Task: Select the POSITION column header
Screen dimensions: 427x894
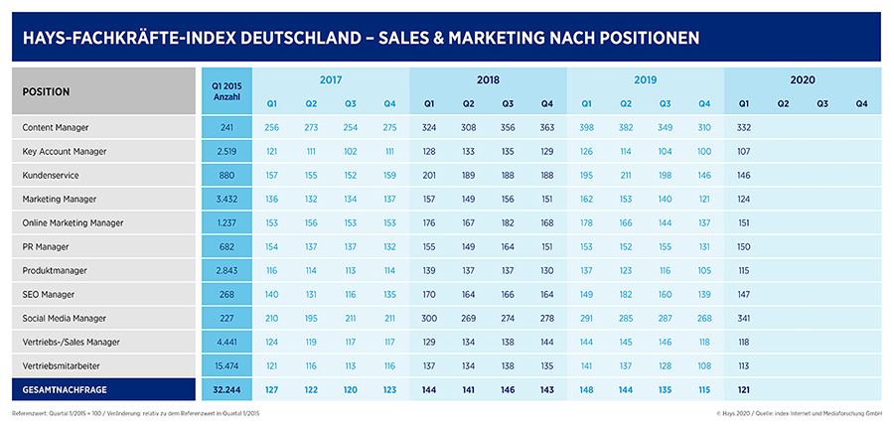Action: [47, 91]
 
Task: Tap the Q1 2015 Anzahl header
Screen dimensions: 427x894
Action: [225, 90]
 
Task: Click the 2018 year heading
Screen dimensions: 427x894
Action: [487, 78]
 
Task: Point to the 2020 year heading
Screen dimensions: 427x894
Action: [803, 78]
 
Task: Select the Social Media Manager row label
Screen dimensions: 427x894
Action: [65, 318]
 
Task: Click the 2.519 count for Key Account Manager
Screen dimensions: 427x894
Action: [225, 151]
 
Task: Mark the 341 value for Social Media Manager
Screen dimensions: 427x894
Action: [744, 318]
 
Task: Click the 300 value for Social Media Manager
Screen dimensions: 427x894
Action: [429, 318]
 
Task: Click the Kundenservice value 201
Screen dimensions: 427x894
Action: [429, 175]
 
